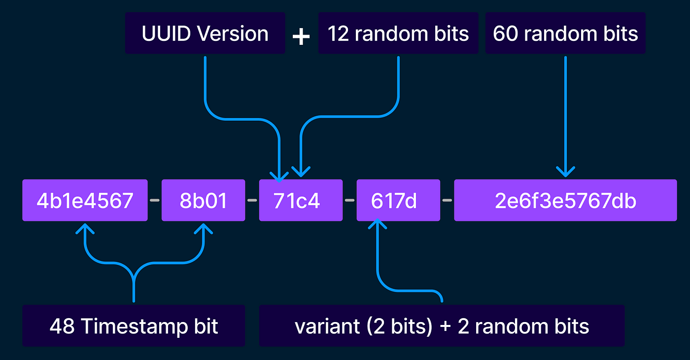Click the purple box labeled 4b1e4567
pyautogui.click(x=85, y=200)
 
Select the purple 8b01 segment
pyautogui.click(x=203, y=200)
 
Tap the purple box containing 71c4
pyautogui.click(x=300, y=200)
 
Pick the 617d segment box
pyautogui.click(x=397, y=200)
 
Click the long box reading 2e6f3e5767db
pyautogui.click(x=565, y=200)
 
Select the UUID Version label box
pyautogui.click(x=205, y=34)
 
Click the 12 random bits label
pyautogui.click(x=398, y=34)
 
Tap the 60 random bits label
pyautogui.click(x=565, y=34)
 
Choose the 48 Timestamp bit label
pyautogui.click(x=134, y=326)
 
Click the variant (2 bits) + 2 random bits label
pyautogui.click(x=442, y=326)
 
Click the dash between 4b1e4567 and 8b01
pyautogui.click(x=154, y=200)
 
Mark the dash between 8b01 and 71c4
pyautogui.click(x=252, y=200)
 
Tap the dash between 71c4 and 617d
pyautogui.click(x=349, y=200)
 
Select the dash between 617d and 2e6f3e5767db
pyautogui.click(x=447, y=200)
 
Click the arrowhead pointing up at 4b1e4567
pyautogui.click(x=86, y=228)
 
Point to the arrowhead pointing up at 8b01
pyautogui.click(x=204, y=228)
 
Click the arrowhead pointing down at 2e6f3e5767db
pyautogui.click(x=565, y=171)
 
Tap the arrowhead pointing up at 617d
pyautogui.click(x=378, y=223)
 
